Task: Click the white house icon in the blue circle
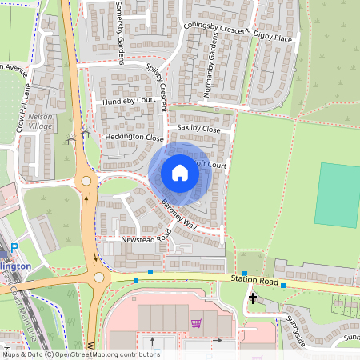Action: [180, 173]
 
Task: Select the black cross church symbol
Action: [253, 298]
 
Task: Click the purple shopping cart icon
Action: [196, 323]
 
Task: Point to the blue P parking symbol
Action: [14, 250]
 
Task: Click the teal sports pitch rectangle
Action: [337, 194]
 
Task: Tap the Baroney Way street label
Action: [179, 214]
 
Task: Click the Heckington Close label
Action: [134, 138]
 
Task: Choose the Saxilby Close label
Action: [198, 128]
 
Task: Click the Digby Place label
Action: [273, 36]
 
